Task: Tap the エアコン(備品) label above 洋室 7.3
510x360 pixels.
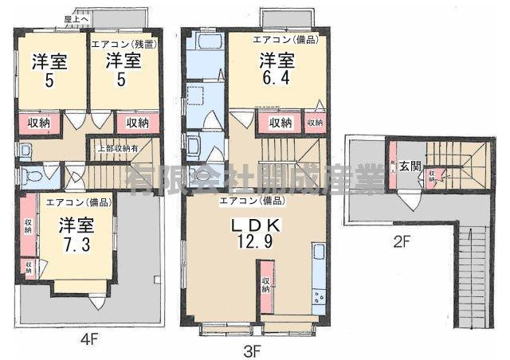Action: [x=78, y=202]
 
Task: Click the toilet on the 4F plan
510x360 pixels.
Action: [x=31, y=174]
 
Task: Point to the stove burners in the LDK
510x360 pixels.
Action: [x=319, y=299]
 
